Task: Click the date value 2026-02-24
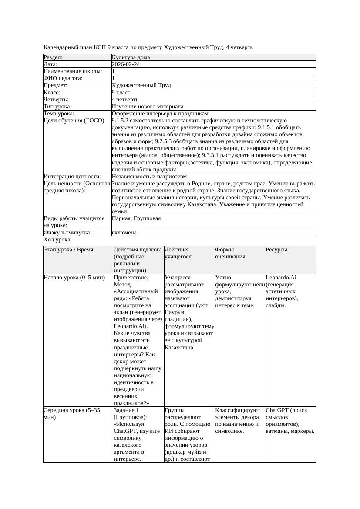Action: tap(126, 64)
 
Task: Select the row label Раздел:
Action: tap(53, 57)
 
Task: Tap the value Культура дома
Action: tap(131, 57)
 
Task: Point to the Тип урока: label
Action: tap(57, 107)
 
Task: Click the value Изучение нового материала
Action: tap(147, 107)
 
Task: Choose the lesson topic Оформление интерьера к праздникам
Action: tap(160, 114)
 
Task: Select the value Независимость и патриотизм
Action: tap(149, 177)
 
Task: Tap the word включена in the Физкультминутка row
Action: tap(124, 233)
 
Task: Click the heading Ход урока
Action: tap(57, 240)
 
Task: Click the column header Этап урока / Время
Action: tap(68, 250)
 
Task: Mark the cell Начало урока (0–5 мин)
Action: tap(74, 277)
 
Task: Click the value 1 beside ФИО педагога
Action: tap(114, 78)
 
